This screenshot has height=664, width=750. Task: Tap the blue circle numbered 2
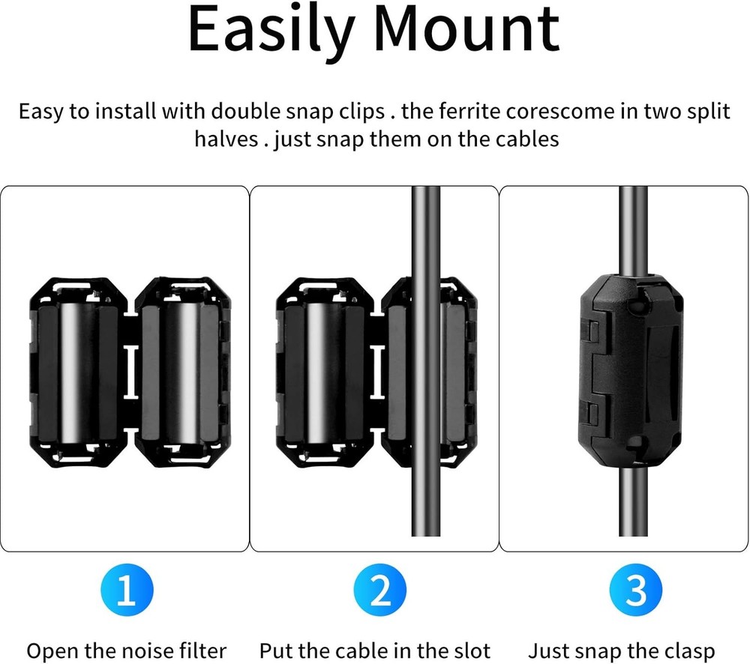[x=381, y=592]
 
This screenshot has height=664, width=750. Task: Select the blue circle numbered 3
[x=636, y=592]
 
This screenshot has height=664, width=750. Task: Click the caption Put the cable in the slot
[x=374, y=650]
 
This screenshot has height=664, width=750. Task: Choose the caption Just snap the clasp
[x=622, y=650]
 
